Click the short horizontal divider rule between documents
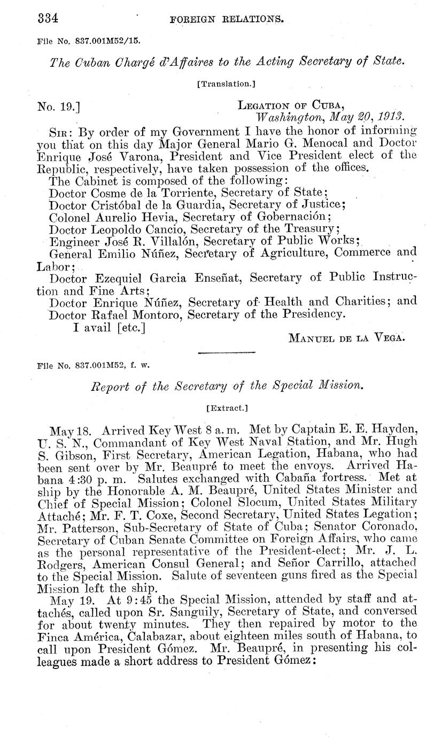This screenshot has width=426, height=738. (226, 353)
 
